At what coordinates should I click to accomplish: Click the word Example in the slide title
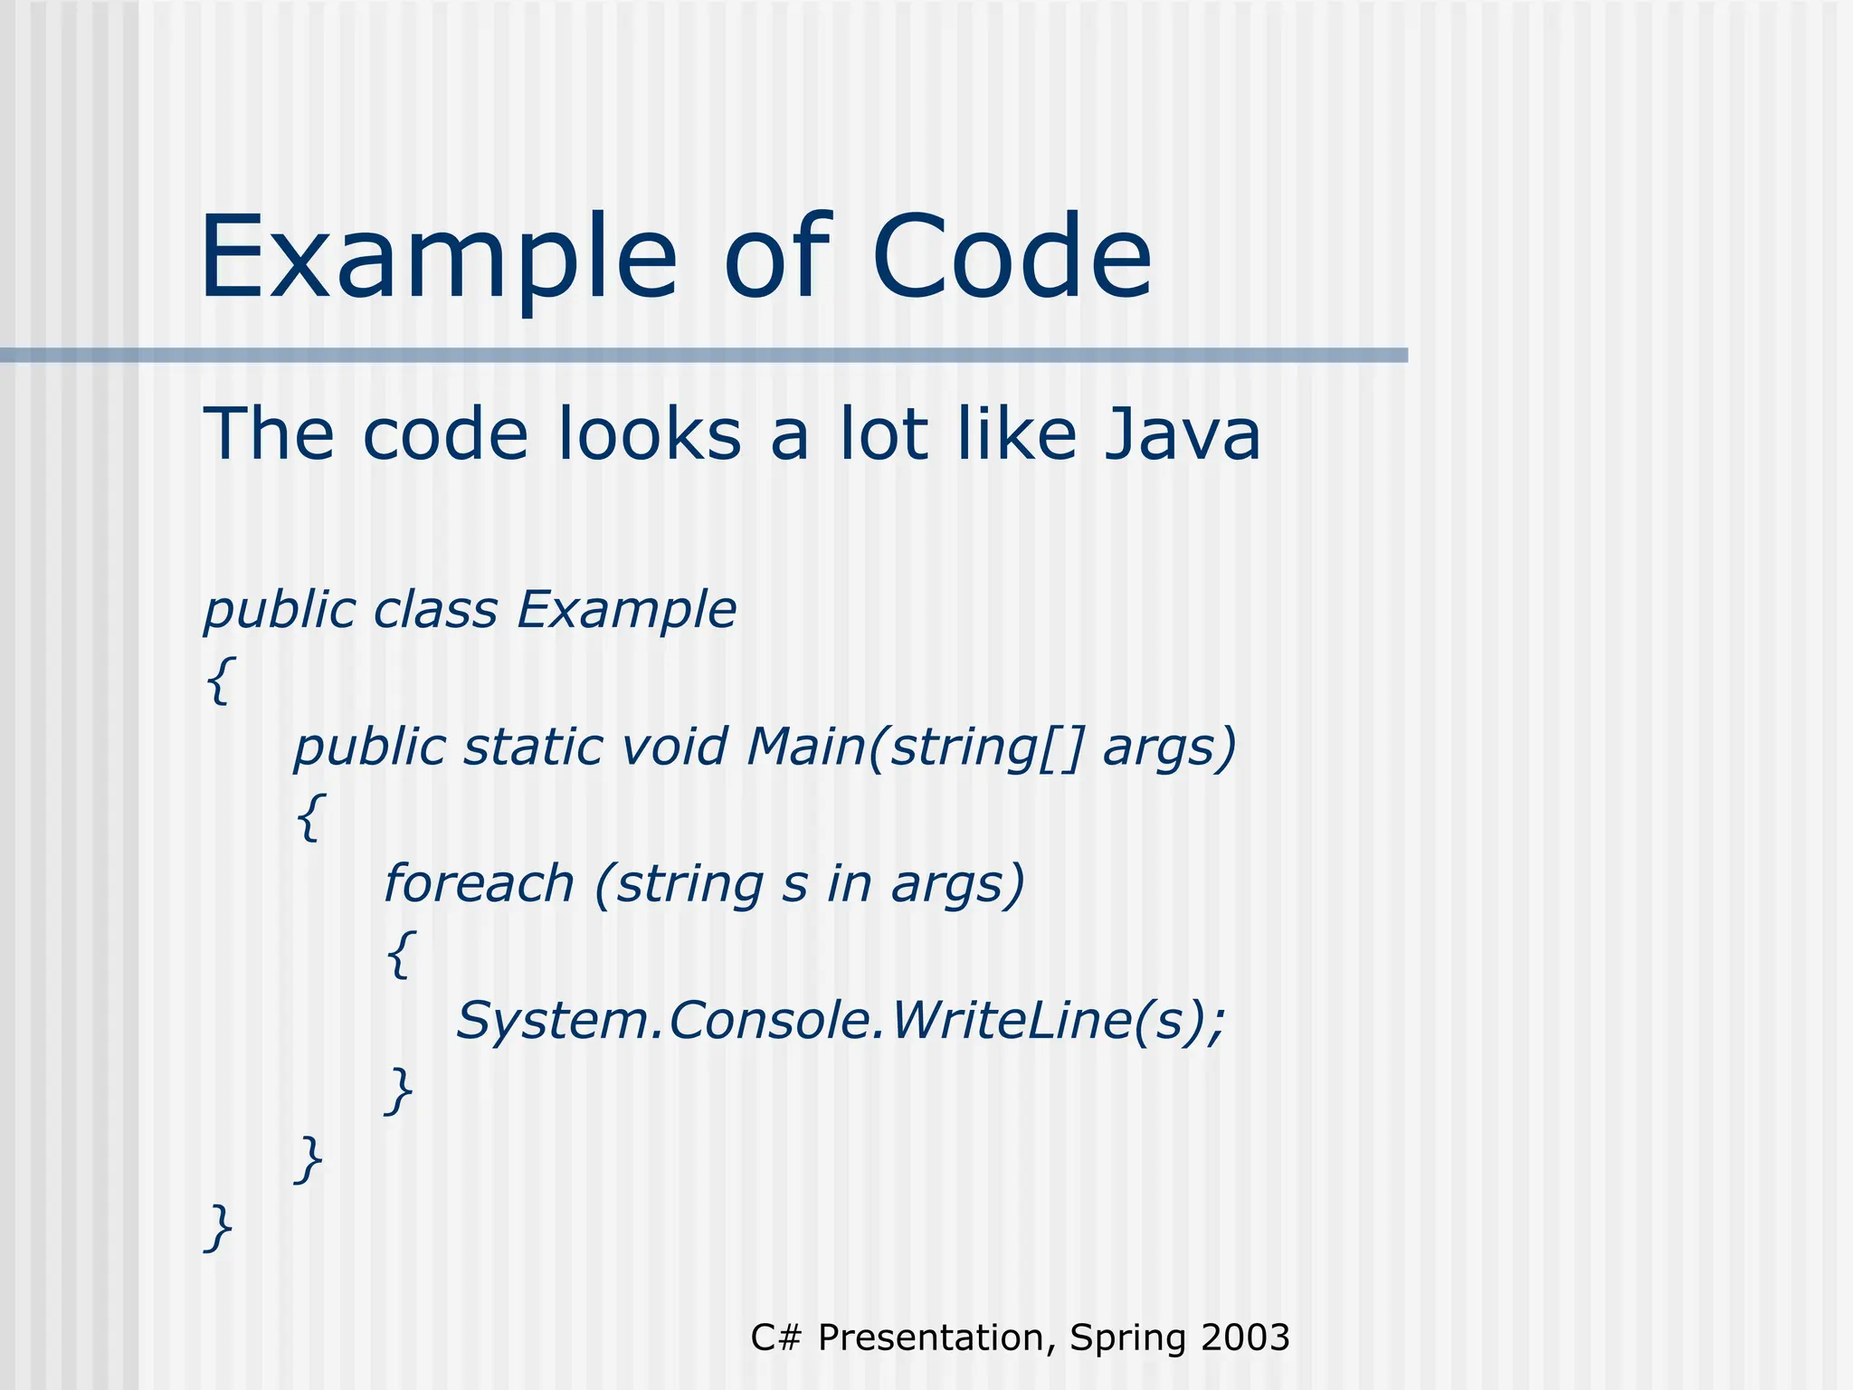pyautogui.click(x=438, y=258)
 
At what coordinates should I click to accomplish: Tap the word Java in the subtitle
pyautogui.click(x=1182, y=434)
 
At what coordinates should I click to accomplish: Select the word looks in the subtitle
pyautogui.click(x=649, y=434)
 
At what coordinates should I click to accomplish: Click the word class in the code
pyautogui.click(x=435, y=609)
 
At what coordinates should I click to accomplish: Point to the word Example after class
pyautogui.click(x=626, y=611)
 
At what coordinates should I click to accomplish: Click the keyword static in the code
pyautogui.click(x=533, y=747)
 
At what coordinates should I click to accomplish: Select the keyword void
pyautogui.click(x=675, y=747)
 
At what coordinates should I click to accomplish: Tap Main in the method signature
pyautogui.click(x=805, y=747)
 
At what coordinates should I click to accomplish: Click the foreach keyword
pyautogui.click(x=479, y=883)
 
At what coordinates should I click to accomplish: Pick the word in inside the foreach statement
pyautogui.click(x=849, y=884)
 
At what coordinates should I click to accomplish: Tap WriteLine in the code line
pyautogui.click(x=1010, y=1020)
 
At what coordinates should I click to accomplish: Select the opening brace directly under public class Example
pyautogui.click(x=220, y=681)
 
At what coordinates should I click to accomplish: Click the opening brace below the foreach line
pyautogui.click(x=401, y=954)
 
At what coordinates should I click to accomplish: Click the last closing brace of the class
pyautogui.click(x=219, y=1227)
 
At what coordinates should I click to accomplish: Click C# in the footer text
pyautogui.click(x=775, y=1338)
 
